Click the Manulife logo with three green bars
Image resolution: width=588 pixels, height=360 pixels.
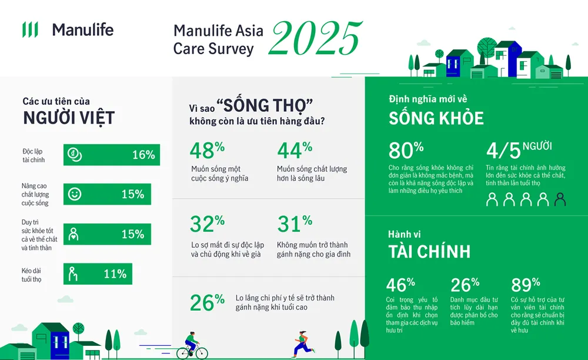coord(30,29)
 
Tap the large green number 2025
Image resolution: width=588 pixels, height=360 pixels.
coord(316,39)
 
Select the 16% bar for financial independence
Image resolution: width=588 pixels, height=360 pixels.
coord(111,155)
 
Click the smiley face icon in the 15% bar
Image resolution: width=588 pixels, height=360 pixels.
coord(75,194)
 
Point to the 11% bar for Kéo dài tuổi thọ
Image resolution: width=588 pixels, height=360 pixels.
coord(98,274)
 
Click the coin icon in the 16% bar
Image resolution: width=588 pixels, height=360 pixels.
coord(75,155)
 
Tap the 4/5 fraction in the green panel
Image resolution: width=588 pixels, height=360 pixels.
coord(503,151)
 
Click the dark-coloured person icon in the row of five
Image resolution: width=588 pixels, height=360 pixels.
coord(560,200)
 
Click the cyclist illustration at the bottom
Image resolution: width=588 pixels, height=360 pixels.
coord(192,346)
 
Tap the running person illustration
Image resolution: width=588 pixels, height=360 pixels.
coord(302,344)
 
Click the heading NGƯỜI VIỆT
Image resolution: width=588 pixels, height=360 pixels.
coord(68,118)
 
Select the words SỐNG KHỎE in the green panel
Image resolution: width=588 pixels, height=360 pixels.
coord(436,118)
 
